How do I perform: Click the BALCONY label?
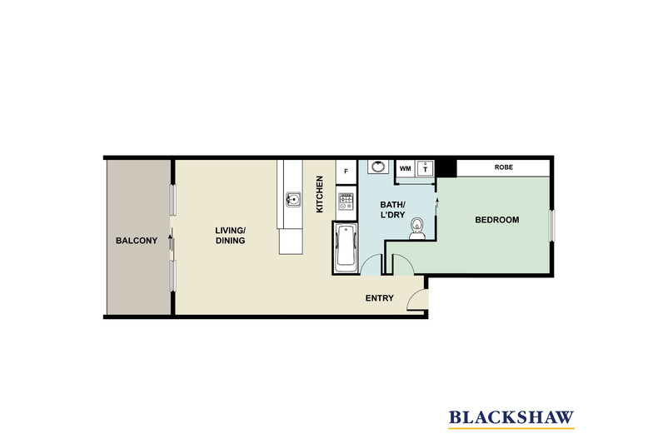click(x=137, y=241)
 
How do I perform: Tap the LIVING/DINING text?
click(x=231, y=236)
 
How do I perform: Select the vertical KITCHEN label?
click(x=319, y=194)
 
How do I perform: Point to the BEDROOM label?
click(x=497, y=220)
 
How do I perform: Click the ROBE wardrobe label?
click(x=504, y=167)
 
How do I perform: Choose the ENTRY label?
click(x=379, y=298)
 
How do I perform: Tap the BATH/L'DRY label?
click(x=393, y=210)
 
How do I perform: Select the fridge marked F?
click(x=346, y=172)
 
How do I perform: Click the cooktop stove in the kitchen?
click(x=346, y=202)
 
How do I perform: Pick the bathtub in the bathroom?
click(x=346, y=247)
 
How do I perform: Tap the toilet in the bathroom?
click(x=417, y=228)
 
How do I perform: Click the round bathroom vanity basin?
click(x=378, y=167)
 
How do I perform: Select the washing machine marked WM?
click(x=406, y=169)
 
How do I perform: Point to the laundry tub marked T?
click(x=425, y=169)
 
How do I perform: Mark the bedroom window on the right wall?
click(x=552, y=226)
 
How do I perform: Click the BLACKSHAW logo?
click(x=511, y=419)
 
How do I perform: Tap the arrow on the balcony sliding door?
click(x=170, y=242)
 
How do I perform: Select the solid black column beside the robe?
click(x=447, y=168)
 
